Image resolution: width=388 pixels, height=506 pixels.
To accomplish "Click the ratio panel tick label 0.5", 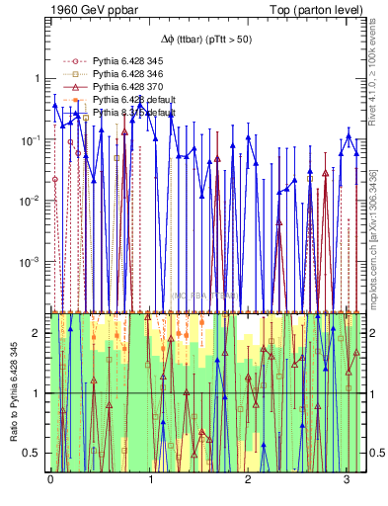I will coord(35,453).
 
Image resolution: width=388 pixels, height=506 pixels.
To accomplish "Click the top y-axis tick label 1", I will coord(40,78).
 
